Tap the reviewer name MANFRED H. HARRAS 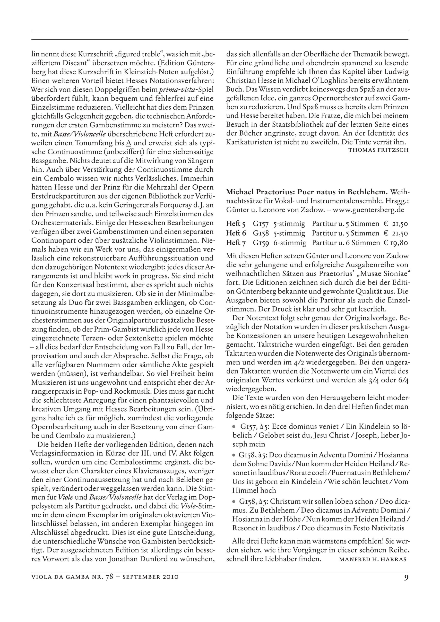[x=372, y=559]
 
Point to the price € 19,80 [x=396, y=243]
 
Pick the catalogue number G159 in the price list [x=261, y=243]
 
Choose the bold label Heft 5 [x=236, y=224]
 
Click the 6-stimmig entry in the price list [x=290, y=243]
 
